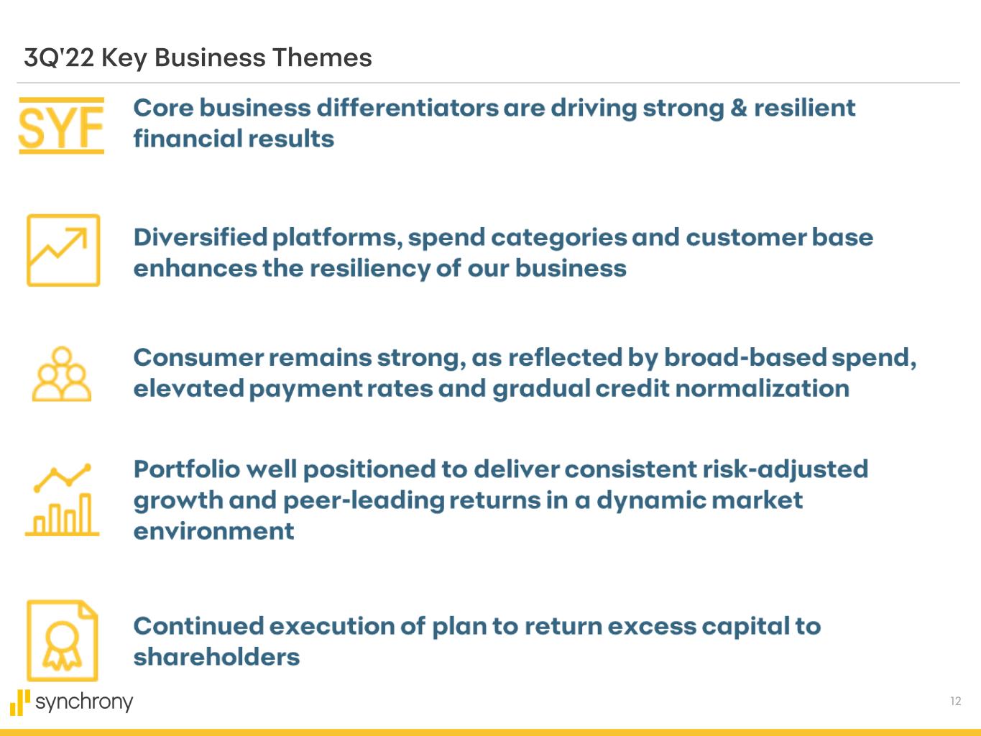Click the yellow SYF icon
[x=61, y=126]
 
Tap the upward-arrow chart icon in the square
[x=63, y=250]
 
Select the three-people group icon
[x=62, y=374]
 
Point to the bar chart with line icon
[x=62, y=500]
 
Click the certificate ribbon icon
[x=63, y=640]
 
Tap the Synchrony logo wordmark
[x=71, y=702]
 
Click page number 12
[x=956, y=701]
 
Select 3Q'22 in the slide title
[x=59, y=57]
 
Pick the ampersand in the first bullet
[x=739, y=108]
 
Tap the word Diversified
[x=201, y=237]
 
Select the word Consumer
[x=199, y=358]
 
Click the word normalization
[x=762, y=388]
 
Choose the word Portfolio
[x=188, y=469]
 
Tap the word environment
[x=214, y=532]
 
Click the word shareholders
[x=217, y=657]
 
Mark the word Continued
[x=199, y=626]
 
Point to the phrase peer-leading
[x=364, y=501]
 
